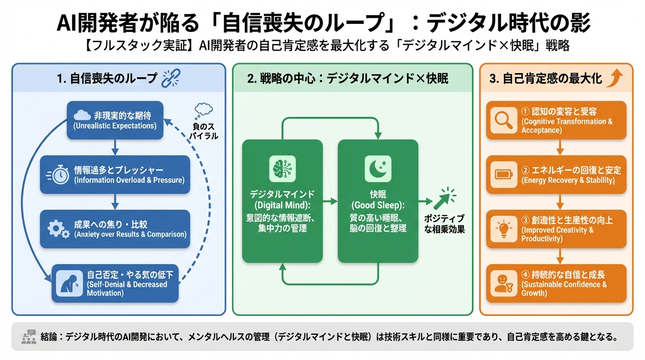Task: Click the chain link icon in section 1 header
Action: click(171, 78)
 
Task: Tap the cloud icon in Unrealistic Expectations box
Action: click(82, 115)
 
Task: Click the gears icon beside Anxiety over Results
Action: click(59, 229)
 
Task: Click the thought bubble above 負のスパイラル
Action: click(203, 111)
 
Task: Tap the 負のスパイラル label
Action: click(205, 131)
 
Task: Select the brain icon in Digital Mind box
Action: click(282, 169)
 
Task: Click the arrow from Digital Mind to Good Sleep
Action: click(330, 201)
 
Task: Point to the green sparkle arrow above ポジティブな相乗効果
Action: click(443, 199)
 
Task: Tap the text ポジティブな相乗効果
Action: click(443, 224)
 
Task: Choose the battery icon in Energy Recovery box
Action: click(503, 175)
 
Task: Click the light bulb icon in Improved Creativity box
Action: click(503, 229)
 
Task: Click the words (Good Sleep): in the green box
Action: click(378, 206)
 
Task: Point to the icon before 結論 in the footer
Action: click(29, 337)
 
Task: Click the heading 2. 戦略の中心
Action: click(347, 78)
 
